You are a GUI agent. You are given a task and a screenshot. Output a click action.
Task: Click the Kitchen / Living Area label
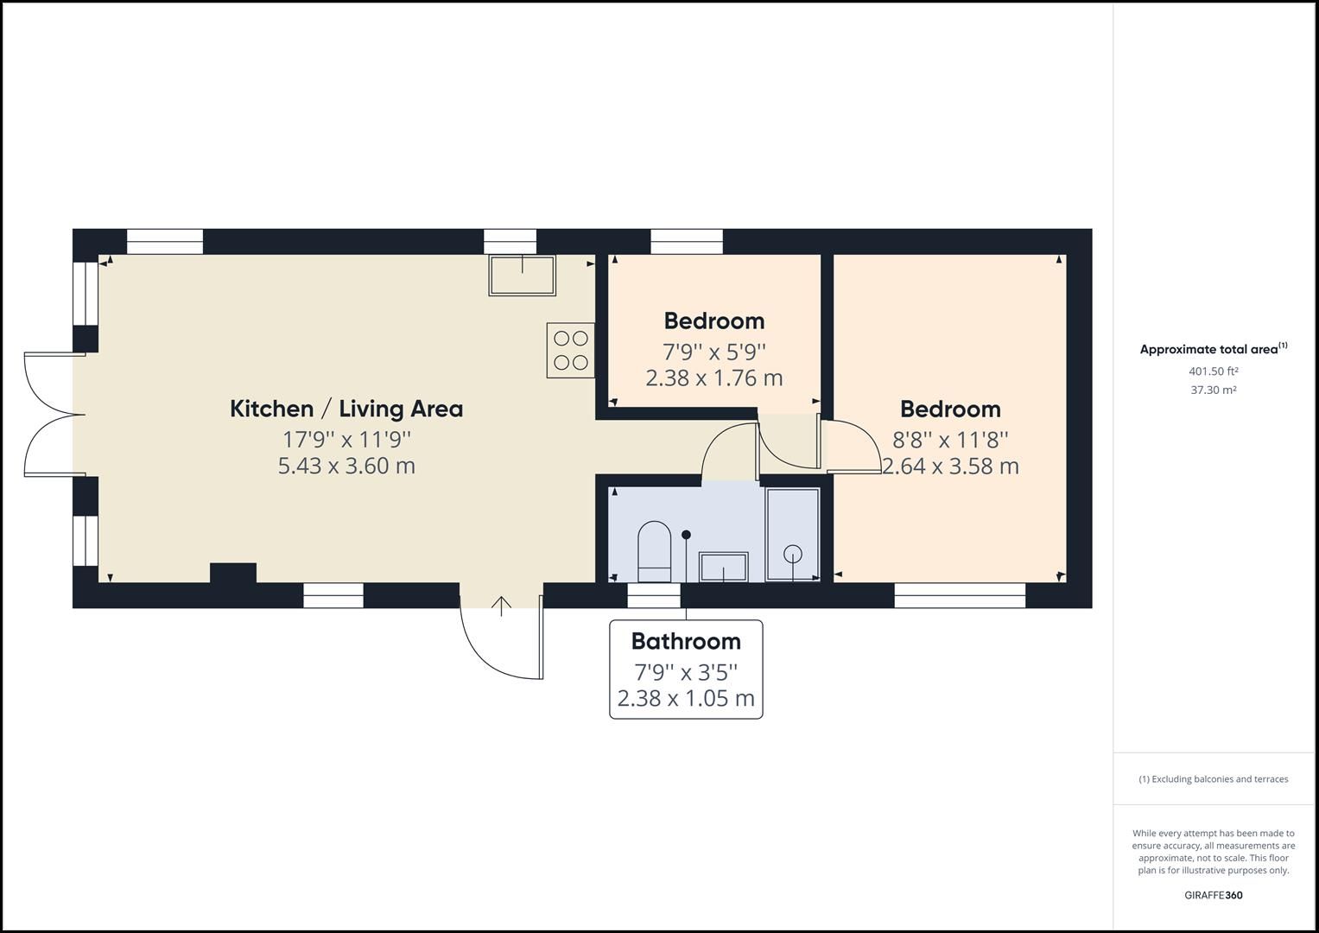coord(346,409)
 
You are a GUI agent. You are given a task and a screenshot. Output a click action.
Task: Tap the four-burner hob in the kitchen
coord(570,350)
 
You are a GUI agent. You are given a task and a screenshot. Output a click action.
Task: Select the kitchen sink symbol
coord(523,275)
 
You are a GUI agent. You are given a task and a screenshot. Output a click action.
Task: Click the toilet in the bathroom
coord(654,551)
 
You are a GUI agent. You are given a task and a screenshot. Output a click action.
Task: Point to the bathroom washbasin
coord(724,567)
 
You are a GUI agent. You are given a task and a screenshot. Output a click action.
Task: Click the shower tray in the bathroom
coord(792,536)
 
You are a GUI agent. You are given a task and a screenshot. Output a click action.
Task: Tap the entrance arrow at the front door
coord(501,606)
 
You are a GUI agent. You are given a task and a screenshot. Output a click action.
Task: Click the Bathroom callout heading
coord(686,641)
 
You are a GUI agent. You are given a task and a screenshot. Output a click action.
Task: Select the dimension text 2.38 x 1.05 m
coord(686,698)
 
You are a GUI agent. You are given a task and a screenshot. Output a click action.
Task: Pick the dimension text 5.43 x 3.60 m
coord(346,466)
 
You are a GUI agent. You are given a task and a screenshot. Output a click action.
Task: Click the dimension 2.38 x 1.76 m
coord(714,378)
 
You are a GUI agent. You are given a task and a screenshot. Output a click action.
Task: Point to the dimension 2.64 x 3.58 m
coord(950,466)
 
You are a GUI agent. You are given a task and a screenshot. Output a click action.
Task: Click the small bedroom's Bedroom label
coord(714,321)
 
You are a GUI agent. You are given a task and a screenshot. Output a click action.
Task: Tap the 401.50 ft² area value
coord(1214,371)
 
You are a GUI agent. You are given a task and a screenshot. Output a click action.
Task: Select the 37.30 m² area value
coord(1214,390)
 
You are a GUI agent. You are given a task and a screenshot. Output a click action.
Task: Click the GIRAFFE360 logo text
coord(1214,895)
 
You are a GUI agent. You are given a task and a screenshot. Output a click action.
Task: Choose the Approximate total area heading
coord(1209,350)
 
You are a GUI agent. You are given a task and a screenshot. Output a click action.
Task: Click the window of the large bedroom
coord(959,595)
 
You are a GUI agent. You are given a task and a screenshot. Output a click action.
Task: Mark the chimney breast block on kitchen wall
coord(233,574)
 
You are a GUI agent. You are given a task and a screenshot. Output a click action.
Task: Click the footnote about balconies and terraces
coord(1214,779)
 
